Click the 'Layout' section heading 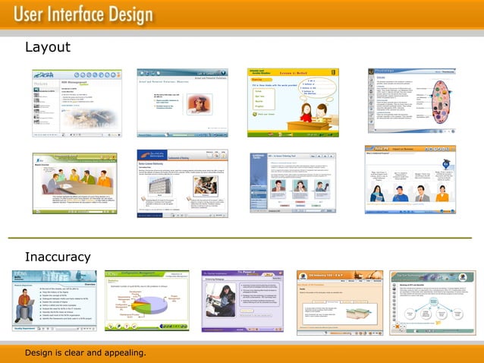(48, 47)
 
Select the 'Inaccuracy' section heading (58, 257)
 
